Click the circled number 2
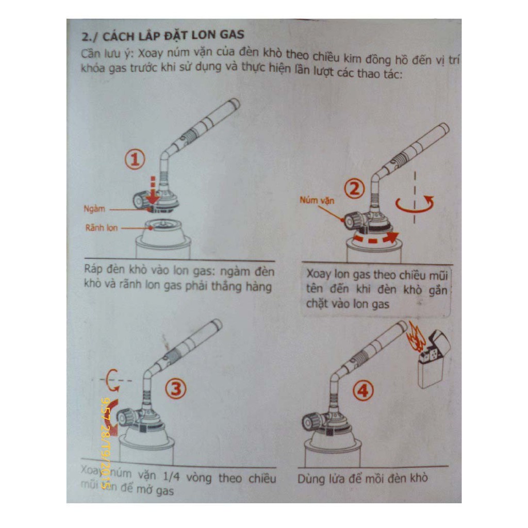(354, 190)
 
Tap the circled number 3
(175, 389)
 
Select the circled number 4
(363, 391)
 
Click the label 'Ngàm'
(95, 209)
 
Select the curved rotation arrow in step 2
(415, 204)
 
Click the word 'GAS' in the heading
(231, 37)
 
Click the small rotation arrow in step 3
(110, 380)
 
